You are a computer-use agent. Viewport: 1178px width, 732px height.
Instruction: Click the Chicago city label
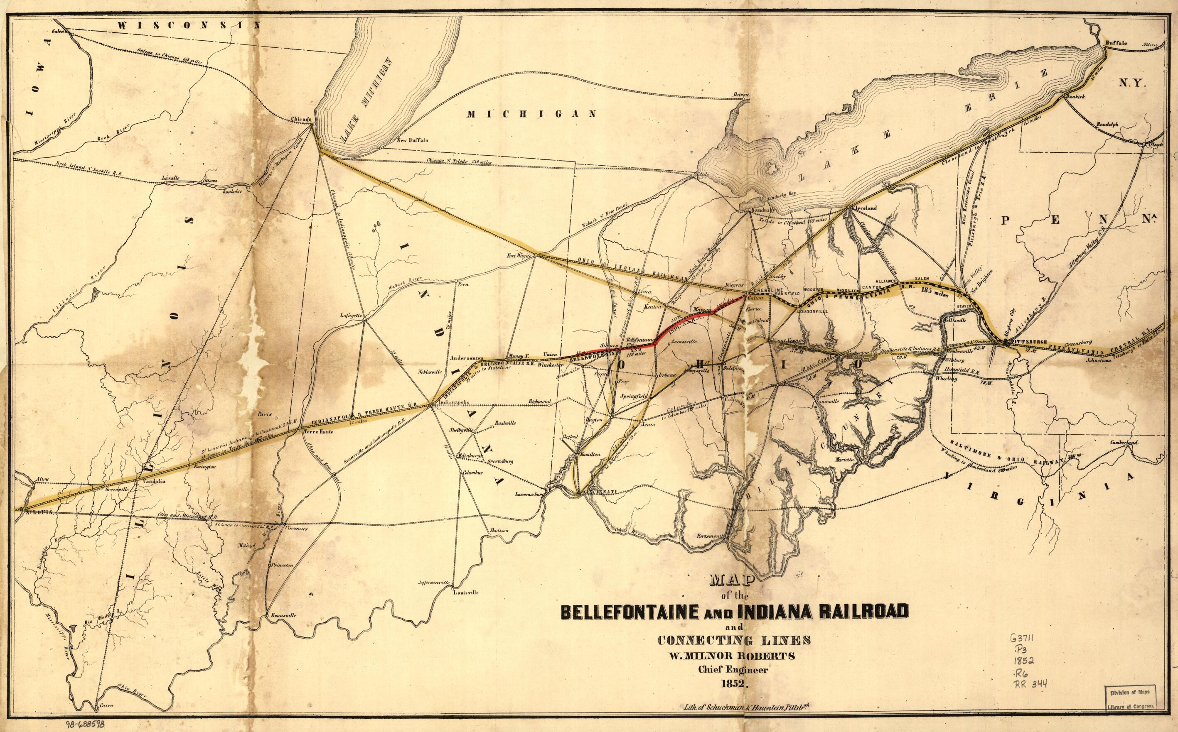[x=300, y=119]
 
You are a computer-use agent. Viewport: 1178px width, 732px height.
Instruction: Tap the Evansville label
[x=281, y=615]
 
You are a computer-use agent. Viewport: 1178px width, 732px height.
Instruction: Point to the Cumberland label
[x=1119, y=443]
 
